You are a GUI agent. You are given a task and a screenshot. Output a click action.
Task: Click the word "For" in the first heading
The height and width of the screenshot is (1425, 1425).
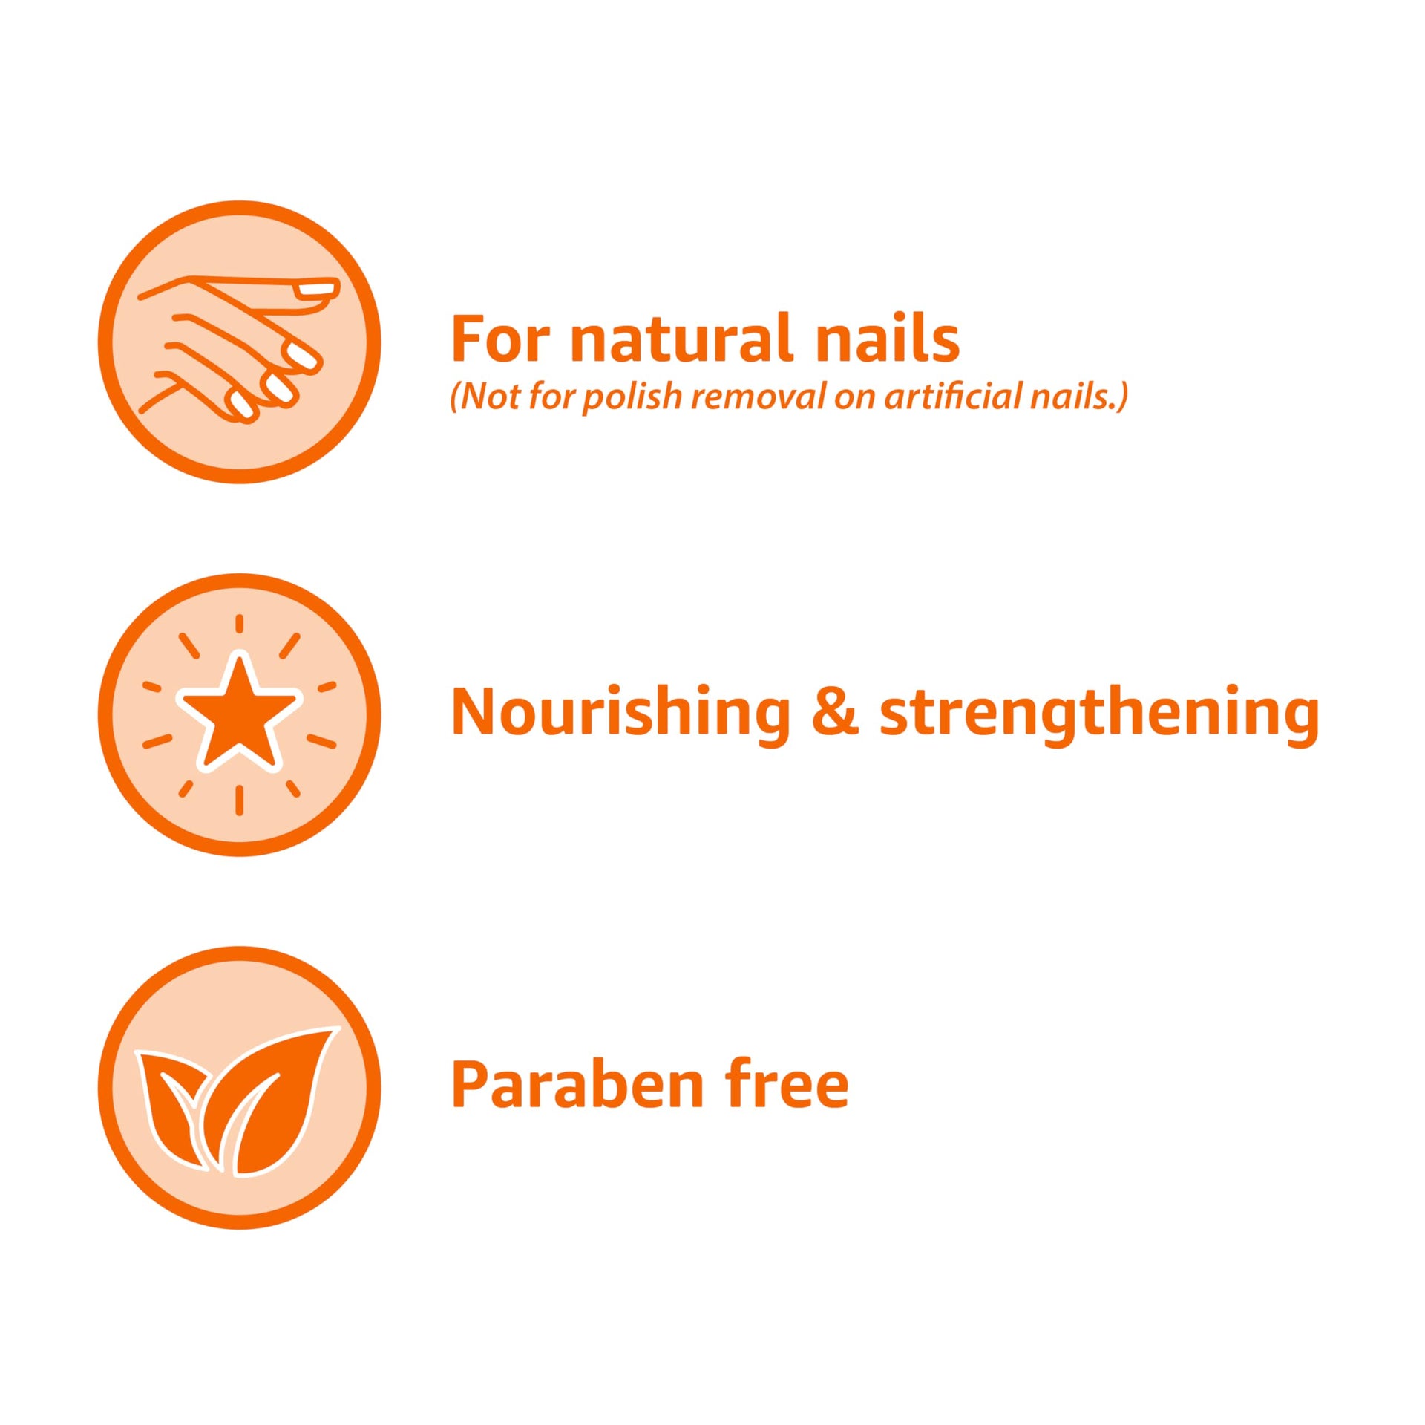pos(500,339)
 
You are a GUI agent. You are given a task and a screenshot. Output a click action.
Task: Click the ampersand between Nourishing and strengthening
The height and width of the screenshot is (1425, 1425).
pos(836,712)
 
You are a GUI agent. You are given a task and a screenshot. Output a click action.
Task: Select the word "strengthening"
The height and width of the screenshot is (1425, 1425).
pos(1099,714)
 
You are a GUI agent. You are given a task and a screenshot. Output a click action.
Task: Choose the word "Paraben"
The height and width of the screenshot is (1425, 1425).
pos(577,1085)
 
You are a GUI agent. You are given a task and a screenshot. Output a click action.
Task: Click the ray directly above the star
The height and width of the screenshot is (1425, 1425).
pos(239,624)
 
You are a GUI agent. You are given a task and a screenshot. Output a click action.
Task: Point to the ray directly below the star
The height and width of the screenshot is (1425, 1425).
pos(239,800)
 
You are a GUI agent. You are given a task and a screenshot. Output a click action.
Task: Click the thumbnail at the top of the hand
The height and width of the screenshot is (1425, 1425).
pos(315,288)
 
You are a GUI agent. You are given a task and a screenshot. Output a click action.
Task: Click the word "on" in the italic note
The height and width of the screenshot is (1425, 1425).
pos(855,400)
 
